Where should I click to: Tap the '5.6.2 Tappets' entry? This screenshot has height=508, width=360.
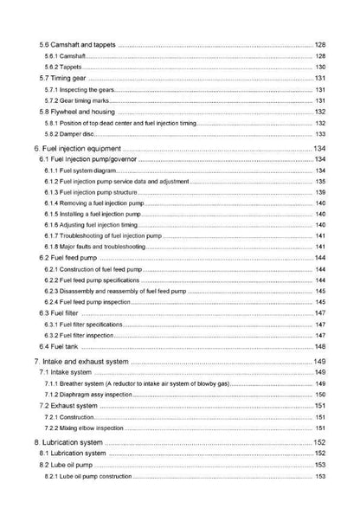[x=66, y=67]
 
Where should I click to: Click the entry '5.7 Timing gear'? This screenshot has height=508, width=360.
[x=64, y=78]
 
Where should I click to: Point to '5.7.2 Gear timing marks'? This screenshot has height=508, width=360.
[x=79, y=100]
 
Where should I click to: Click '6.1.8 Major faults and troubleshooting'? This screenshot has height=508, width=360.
[x=95, y=247]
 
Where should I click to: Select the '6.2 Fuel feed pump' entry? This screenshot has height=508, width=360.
[x=68, y=258]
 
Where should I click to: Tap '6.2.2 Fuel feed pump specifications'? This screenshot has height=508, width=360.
[x=94, y=280]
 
